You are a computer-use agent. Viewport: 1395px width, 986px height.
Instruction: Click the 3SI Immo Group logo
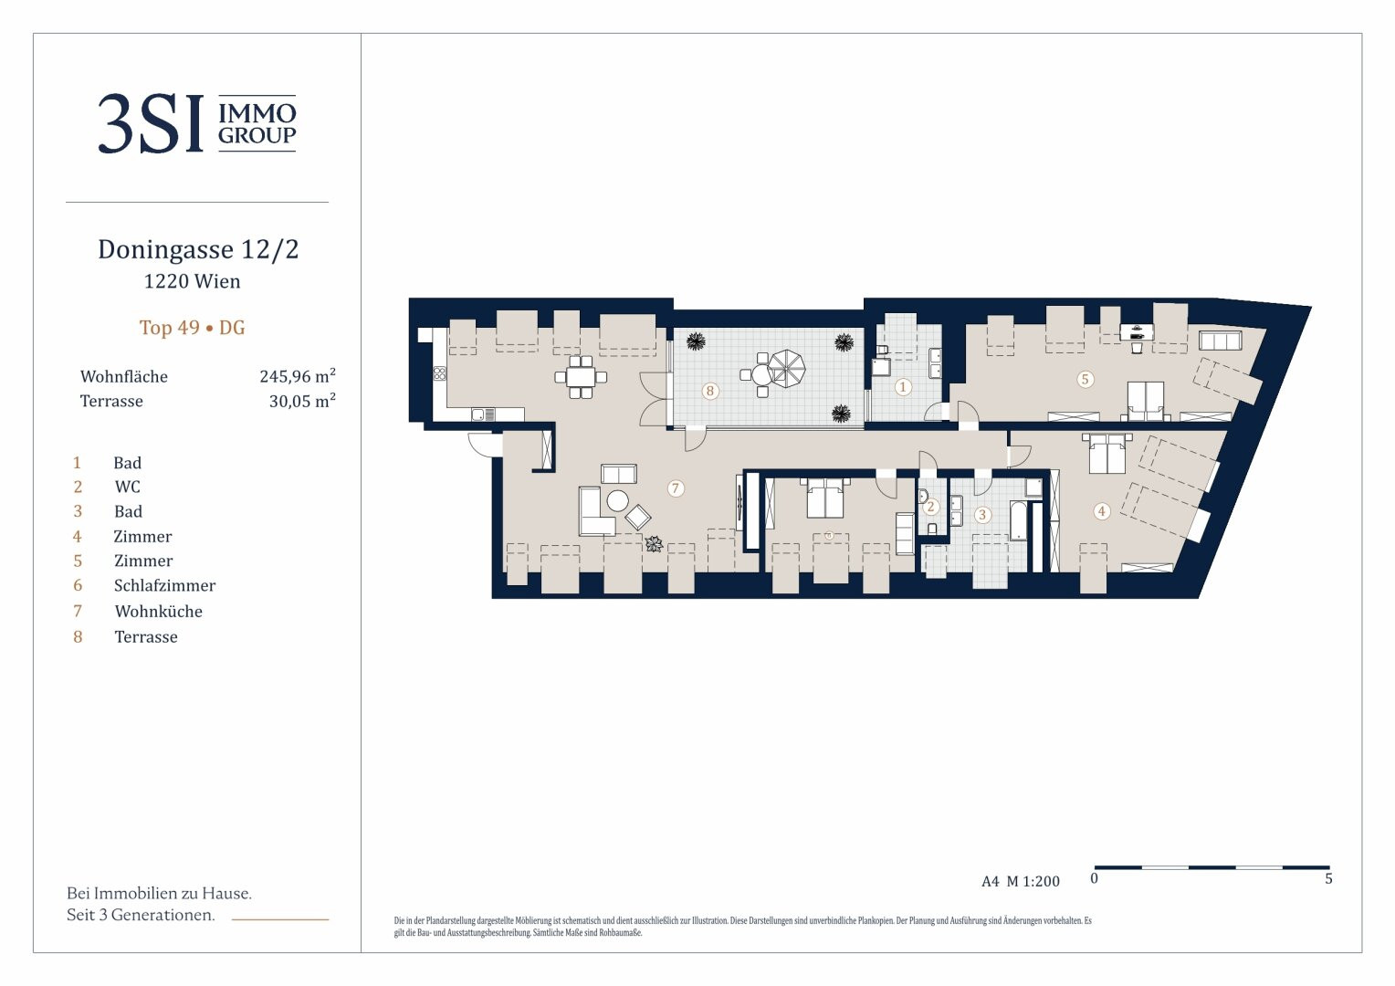coord(197,123)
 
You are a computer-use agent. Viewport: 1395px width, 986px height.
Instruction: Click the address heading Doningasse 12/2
coord(198,249)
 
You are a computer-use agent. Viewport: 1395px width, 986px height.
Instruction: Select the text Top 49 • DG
coord(192,327)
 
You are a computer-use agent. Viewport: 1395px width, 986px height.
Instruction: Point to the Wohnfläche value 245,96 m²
coord(298,376)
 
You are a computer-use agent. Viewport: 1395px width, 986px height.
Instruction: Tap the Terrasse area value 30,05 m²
coord(302,401)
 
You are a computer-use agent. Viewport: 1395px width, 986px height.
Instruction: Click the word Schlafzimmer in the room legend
coord(164,585)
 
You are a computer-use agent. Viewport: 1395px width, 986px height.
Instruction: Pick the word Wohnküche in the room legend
coord(158,611)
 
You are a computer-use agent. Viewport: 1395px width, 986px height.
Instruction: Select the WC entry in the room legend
coord(127,487)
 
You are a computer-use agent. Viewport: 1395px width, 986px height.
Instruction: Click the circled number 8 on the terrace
coord(710,391)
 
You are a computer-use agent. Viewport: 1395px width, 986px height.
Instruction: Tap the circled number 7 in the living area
coord(675,488)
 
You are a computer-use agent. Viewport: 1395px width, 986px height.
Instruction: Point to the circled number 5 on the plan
coord(1085,379)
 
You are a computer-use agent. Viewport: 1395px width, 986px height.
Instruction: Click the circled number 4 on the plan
coord(1102,511)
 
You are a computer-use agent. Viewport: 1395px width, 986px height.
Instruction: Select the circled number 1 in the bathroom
coord(902,387)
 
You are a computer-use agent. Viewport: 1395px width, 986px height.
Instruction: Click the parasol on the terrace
coord(787,369)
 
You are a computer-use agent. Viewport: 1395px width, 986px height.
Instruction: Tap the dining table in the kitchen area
coord(581,377)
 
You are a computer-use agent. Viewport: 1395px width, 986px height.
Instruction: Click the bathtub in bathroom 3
coord(1018,520)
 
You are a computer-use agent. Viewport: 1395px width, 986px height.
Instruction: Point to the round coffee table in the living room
coord(618,501)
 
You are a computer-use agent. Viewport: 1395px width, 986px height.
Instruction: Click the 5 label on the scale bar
coord(1328,879)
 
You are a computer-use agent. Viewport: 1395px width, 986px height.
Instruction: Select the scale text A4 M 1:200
coord(1020,881)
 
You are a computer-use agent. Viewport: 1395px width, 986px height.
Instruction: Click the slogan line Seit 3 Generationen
coord(141,915)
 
